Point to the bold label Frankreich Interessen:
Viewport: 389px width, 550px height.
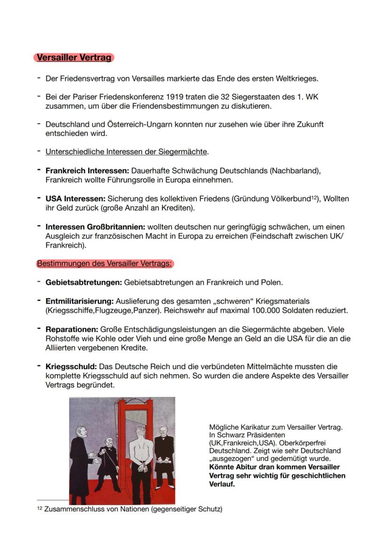(87, 170)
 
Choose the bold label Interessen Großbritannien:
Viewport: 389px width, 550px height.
(95, 227)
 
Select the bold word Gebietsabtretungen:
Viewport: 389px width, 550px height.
(84, 282)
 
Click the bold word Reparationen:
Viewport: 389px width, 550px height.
(72, 329)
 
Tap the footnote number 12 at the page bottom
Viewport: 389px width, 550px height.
(40, 509)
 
